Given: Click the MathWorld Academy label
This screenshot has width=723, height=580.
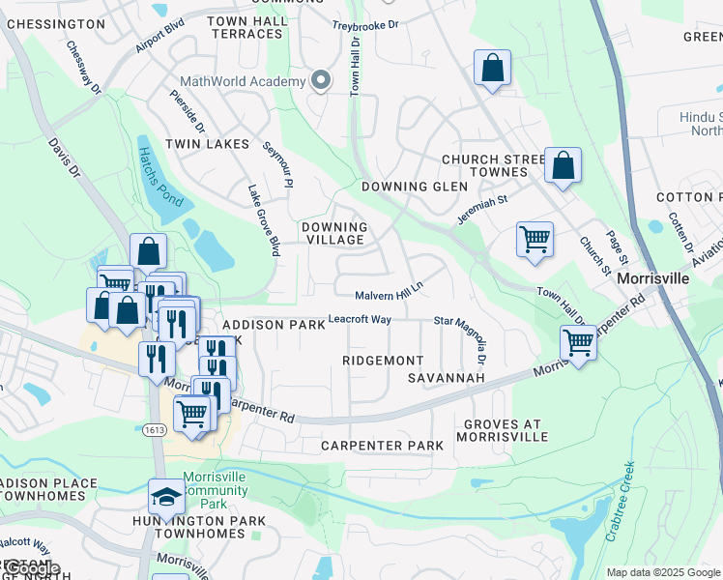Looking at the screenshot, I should pyautogui.click(x=241, y=82).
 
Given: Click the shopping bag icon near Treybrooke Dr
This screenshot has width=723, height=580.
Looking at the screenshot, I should pyautogui.click(x=492, y=70).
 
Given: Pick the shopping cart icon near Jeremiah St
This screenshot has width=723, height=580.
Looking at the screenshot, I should pyautogui.click(x=535, y=238).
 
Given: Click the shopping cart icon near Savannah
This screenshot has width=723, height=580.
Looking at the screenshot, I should pyautogui.click(x=578, y=342).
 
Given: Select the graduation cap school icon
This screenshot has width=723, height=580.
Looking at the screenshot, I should pyautogui.click(x=165, y=497).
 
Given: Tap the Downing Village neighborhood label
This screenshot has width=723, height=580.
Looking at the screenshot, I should pyautogui.click(x=333, y=233).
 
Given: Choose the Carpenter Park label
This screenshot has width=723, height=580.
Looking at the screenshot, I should pyautogui.click(x=382, y=446).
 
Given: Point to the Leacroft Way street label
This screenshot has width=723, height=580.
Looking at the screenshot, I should pyautogui.click(x=360, y=318).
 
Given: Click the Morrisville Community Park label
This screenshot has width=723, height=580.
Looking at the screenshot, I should pyautogui.click(x=215, y=490).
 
